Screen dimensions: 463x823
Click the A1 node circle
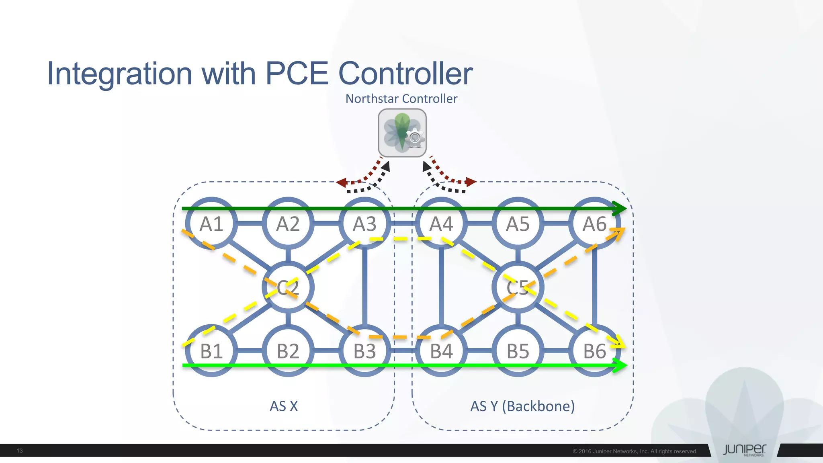tap(211, 223)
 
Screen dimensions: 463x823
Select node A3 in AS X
tap(364, 223)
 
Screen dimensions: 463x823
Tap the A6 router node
tap(594, 223)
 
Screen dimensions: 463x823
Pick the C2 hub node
tap(288, 287)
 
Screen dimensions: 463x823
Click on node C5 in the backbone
tap(518, 287)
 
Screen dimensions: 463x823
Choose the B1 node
tap(211, 351)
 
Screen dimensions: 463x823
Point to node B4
tap(441, 351)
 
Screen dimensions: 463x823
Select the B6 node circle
tap(594, 351)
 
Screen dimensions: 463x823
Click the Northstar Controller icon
tap(402, 133)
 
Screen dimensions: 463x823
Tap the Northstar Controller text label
tap(401, 98)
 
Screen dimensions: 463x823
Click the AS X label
tap(284, 406)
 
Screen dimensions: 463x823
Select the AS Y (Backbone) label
tap(522, 406)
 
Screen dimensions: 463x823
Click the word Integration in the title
tap(120, 74)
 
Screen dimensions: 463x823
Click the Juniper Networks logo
tap(744, 450)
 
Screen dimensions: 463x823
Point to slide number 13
tap(20, 451)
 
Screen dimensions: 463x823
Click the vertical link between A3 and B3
tap(364, 287)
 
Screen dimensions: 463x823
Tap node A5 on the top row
tap(518, 223)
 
